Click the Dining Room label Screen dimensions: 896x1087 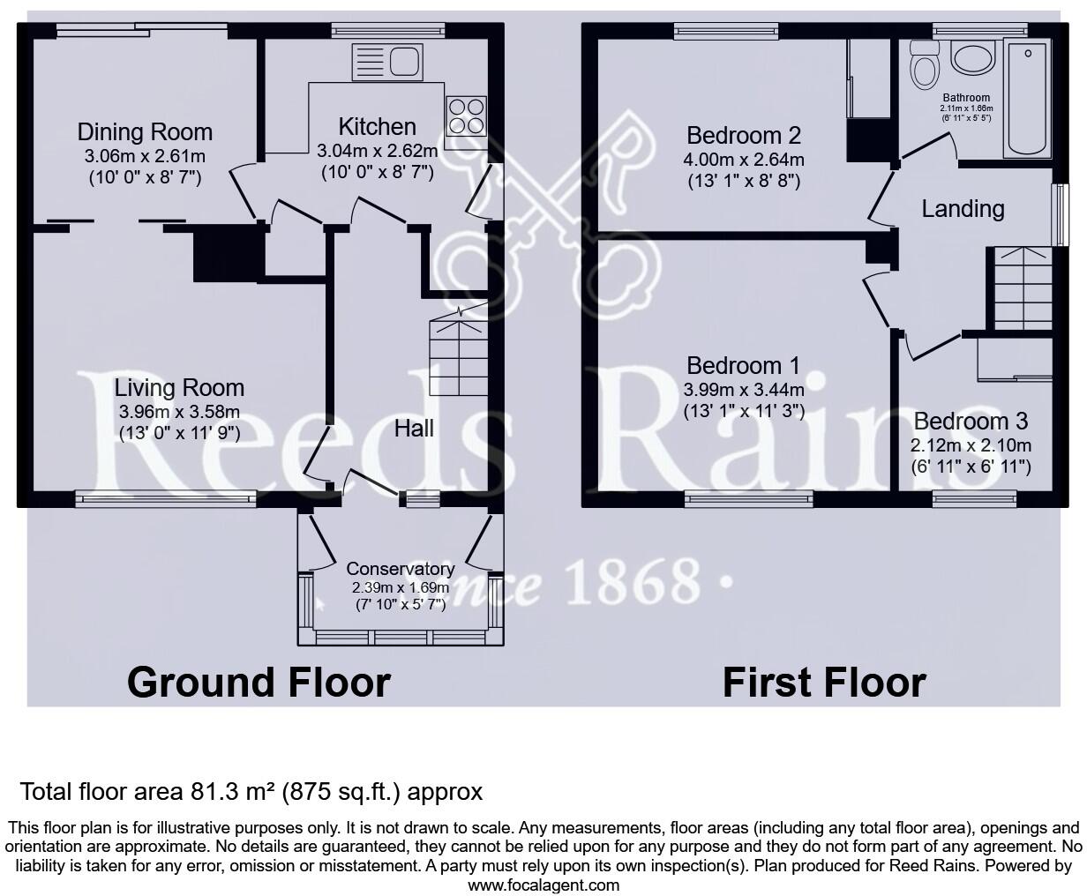coord(145,132)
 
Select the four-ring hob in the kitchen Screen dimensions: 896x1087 coord(466,116)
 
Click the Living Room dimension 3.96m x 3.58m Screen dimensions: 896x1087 coord(179,411)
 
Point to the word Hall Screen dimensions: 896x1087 coord(414,428)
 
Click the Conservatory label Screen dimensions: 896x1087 coord(400,569)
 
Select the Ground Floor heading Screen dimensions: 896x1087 coord(259,683)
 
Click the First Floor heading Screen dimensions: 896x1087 coord(824,683)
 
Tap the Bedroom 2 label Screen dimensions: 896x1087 coord(744,136)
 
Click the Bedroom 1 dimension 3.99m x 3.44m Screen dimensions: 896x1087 coord(744,389)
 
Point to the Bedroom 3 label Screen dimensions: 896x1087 coord(971,422)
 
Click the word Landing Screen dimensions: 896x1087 coord(963,209)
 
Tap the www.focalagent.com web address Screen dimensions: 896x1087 coord(543,885)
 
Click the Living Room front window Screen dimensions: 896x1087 coord(165,498)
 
